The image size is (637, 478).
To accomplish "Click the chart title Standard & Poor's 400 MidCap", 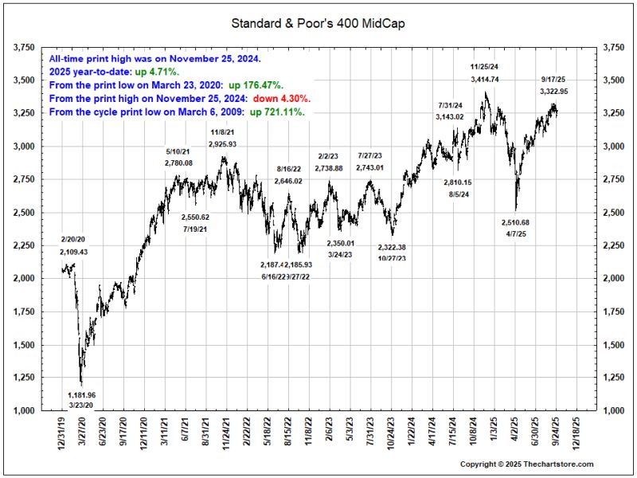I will pos(318,23).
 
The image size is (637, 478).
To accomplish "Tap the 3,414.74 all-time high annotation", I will pos(485,80).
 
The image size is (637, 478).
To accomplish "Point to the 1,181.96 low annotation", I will pos(81,394).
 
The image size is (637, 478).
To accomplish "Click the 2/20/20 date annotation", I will pos(73,239).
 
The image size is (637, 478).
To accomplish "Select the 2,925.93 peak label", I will pos(223,143).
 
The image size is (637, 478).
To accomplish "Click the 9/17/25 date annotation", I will pos(553,80).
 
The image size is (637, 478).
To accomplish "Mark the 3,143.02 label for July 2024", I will pos(451,117).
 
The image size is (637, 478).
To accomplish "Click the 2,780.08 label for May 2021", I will pos(178,163).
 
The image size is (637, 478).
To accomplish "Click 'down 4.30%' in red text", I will pos(282,98).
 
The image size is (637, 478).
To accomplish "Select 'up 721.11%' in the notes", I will pos(278,112).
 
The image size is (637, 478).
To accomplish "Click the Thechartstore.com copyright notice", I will pos(526,464).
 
